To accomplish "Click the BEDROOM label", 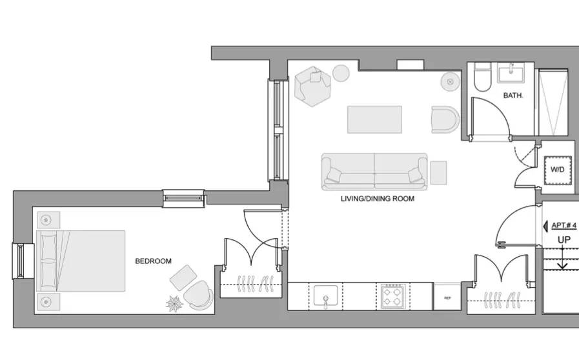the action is click(x=153, y=261).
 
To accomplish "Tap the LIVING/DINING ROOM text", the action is click(x=378, y=199).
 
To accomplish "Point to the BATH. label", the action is click(x=513, y=95).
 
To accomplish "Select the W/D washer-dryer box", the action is click(x=558, y=170).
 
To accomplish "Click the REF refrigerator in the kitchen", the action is click(x=447, y=297).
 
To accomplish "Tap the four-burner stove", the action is click(x=393, y=296).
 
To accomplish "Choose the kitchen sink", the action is click(x=326, y=296).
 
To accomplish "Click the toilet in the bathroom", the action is click(x=482, y=77).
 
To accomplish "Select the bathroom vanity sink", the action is click(x=511, y=73).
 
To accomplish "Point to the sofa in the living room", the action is click(x=374, y=172).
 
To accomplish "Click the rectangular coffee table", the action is click(x=374, y=119).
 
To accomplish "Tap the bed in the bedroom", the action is click(x=81, y=261).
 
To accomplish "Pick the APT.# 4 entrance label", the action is click(x=564, y=225).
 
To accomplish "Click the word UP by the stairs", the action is click(x=564, y=240).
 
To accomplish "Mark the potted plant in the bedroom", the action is click(x=174, y=304).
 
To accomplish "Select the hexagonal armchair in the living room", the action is click(x=312, y=86).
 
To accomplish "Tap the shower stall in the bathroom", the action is click(x=553, y=103).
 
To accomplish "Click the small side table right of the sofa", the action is click(x=438, y=172).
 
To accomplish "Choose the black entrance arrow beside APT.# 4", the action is click(x=545, y=226).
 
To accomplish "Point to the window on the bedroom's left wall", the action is click(x=19, y=261).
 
